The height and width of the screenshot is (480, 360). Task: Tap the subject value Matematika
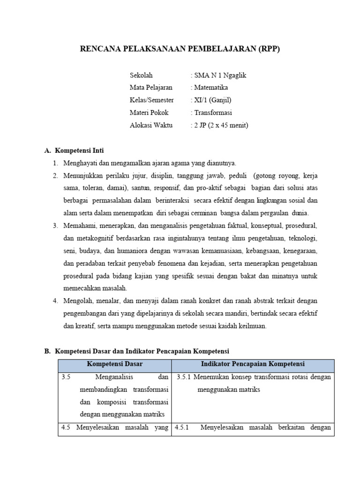(x=211, y=88)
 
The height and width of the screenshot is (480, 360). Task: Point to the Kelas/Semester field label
(x=151, y=100)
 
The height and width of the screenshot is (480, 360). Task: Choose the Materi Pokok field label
(x=149, y=112)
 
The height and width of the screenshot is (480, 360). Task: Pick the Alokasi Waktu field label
(x=151, y=125)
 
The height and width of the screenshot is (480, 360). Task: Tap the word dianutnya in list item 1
(x=221, y=163)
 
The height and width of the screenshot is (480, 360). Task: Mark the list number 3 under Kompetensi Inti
(x=55, y=225)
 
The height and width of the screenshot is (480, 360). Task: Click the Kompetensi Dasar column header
(x=114, y=364)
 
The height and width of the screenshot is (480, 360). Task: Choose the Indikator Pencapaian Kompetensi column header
(x=253, y=364)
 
